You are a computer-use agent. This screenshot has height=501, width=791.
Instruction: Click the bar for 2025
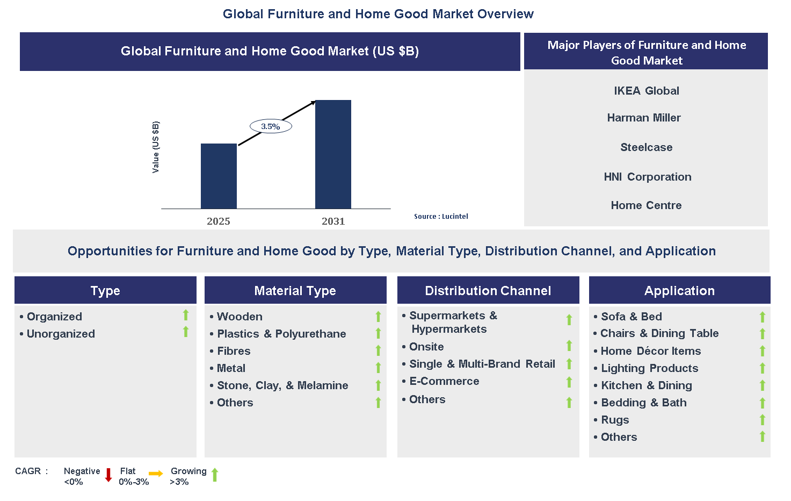pos(219,176)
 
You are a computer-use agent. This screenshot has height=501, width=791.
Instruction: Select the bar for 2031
pos(333,154)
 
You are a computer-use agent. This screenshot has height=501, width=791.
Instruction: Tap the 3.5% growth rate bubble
pos(271,126)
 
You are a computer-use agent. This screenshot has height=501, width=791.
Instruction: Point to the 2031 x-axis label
pos(333,221)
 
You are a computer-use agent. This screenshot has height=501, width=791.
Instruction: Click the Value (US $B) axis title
pos(156,147)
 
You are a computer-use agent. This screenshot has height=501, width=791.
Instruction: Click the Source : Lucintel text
pos(441,216)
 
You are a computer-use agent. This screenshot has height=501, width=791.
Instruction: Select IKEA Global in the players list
pos(646,91)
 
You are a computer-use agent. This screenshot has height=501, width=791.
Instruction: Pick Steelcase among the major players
pos(646,147)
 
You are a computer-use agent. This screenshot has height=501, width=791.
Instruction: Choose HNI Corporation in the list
pos(647,177)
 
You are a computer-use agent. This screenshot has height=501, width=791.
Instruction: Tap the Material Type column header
pos(295,291)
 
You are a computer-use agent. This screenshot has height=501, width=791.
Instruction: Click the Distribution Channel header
pos(488,291)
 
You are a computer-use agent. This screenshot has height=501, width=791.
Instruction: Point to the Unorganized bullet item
pos(61,334)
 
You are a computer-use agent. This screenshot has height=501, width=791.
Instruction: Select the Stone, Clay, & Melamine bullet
pos(282,385)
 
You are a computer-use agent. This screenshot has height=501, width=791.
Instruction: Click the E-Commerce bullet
pos(444,381)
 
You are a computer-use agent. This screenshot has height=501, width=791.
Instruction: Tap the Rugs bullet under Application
pos(615,420)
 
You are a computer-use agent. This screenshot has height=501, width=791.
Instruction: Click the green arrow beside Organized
pos(186,315)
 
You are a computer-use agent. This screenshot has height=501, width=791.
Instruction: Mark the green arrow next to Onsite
pos(569,345)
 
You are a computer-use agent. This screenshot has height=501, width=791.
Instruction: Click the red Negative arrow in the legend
pos(108,475)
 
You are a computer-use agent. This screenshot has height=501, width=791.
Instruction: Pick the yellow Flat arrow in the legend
pos(156,474)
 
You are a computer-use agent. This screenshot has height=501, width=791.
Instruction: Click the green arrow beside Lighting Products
pos(762,368)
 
